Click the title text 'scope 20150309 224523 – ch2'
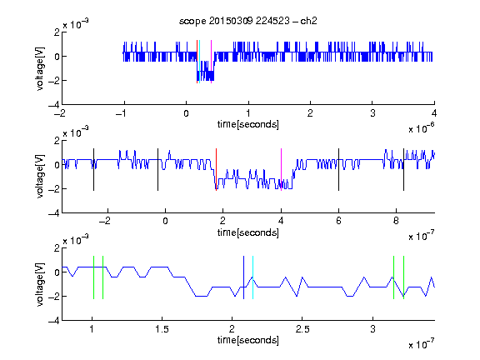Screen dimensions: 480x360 248,21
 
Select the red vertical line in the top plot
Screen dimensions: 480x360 197,62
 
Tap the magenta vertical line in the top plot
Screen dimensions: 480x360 211,62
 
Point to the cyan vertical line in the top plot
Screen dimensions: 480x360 200,62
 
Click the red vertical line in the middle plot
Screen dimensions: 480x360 216,170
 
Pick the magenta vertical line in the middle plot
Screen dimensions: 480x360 281,170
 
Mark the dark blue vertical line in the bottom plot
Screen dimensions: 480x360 243,277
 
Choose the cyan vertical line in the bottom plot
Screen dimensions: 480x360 252,277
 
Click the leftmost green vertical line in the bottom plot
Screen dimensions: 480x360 93,277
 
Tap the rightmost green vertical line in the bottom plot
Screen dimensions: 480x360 404,277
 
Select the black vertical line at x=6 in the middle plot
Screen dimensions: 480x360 338,170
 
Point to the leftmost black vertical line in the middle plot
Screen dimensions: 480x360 93,170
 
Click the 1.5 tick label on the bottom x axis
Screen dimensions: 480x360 162,329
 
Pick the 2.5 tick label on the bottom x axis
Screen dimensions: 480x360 302,329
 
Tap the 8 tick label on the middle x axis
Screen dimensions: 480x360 396,221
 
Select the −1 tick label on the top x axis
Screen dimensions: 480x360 121,113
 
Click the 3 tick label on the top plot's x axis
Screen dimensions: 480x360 372,113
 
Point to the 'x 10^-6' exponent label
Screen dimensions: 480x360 422,128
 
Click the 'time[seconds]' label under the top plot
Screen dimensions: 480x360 248,124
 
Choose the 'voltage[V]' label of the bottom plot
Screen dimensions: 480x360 40,284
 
